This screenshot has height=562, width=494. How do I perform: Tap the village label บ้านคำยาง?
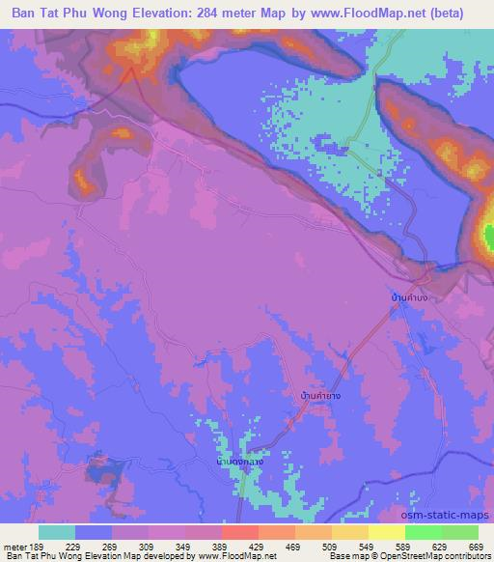(318, 395)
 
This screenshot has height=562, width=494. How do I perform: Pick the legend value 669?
(476, 545)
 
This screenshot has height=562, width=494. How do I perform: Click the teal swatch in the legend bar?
(57, 532)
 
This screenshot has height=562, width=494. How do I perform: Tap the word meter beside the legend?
(14, 545)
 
